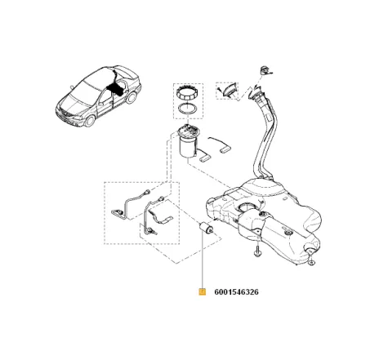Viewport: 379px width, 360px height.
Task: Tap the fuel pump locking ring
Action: coord(185,92)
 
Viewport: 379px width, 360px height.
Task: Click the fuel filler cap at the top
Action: coord(265,69)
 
